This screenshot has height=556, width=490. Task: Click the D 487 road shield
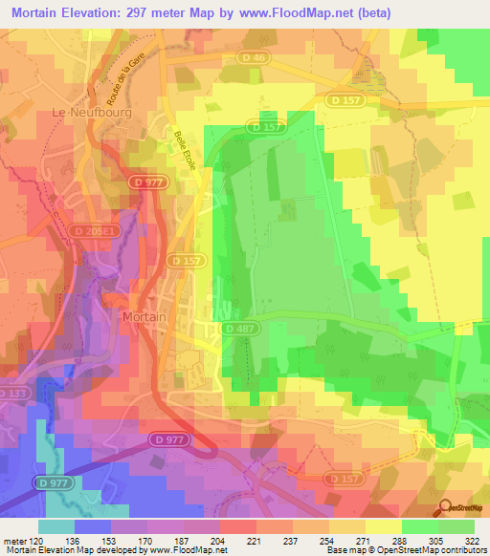[x=241, y=328]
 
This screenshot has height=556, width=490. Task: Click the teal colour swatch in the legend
[x=56, y=526]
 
